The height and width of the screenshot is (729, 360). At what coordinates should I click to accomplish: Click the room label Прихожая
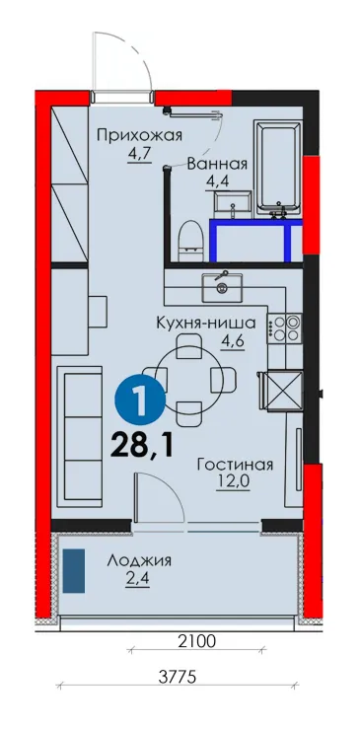coord(139,136)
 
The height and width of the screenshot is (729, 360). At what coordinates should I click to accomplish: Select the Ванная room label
coord(217,164)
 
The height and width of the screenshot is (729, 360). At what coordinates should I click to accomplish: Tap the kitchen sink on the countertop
coord(222,287)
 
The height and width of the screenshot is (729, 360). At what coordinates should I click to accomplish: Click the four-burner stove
coord(284,328)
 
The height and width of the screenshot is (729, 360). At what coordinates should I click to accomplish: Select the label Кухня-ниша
coord(205,323)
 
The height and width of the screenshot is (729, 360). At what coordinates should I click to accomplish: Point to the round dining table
coord(188,380)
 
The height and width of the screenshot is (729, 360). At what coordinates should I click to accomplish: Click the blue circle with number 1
coord(140,398)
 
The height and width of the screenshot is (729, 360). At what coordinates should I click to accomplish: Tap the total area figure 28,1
coord(142,446)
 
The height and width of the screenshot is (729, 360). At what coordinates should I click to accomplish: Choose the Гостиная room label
coord(235,465)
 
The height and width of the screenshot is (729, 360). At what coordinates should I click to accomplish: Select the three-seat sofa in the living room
coord(80,436)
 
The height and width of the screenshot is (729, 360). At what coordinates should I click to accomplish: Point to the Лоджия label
coord(139,560)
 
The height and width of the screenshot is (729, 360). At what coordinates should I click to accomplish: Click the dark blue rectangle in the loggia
coord(74,570)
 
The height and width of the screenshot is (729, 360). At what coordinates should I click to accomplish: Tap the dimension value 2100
coord(197,642)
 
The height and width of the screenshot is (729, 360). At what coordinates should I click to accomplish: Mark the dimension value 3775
coord(178,677)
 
